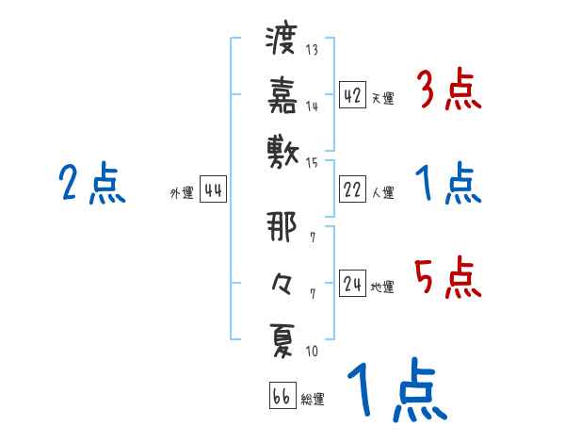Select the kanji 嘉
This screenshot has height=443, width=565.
tap(282, 94)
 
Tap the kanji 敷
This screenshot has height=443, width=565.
tap(282, 149)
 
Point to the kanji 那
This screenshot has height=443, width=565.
tap(282, 227)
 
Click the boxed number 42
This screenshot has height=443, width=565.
tap(353, 95)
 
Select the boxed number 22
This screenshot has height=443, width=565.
tap(353, 190)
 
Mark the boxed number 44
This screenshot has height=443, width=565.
tap(213, 189)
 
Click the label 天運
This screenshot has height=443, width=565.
tap(382, 98)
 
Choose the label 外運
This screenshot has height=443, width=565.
tap(182, 192)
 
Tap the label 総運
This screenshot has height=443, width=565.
tap(313, 399)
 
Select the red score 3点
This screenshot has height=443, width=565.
tap(447, 92)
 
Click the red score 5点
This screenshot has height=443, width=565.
tap(447, 279)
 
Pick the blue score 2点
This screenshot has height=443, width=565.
tap(91, 184)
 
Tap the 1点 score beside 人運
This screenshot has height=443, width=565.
tap(447, 184)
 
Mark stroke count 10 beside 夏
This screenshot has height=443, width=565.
tap(312, 352)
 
